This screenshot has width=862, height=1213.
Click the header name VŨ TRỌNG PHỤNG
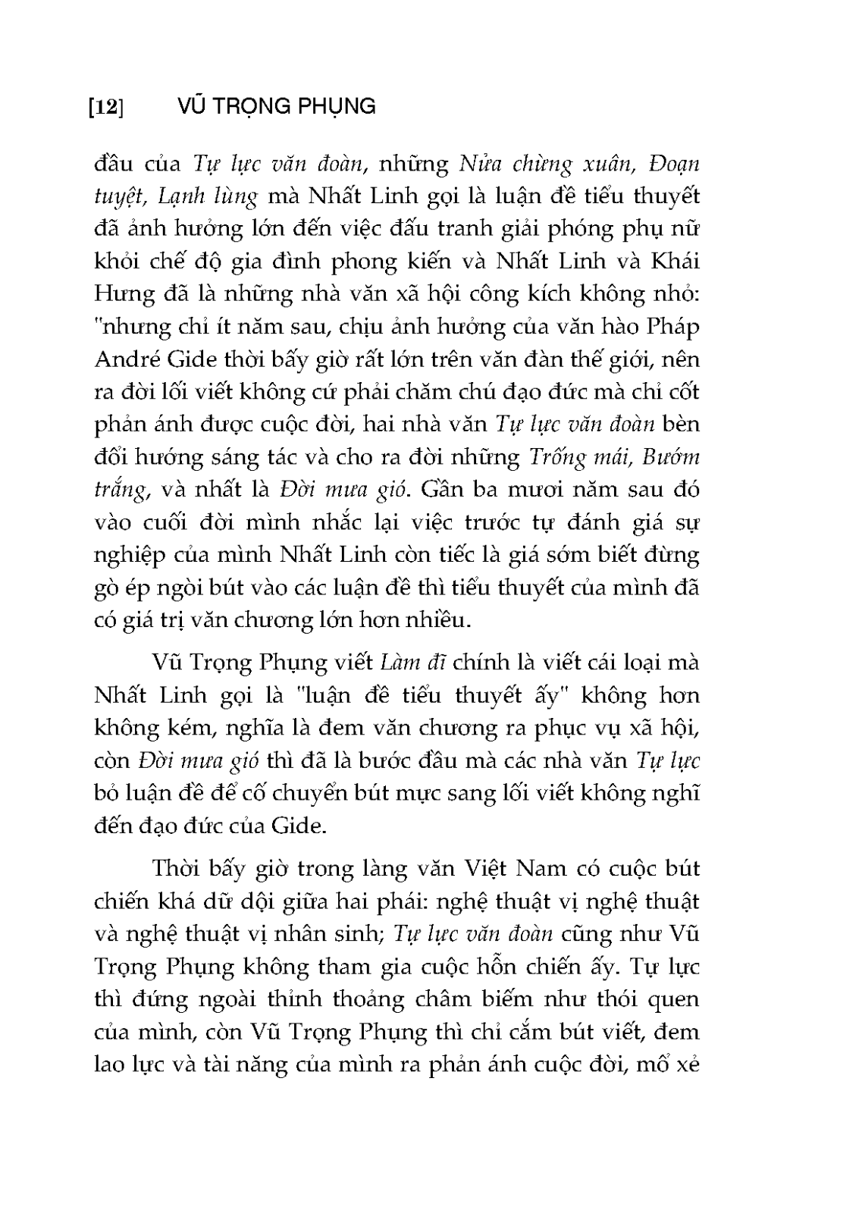275,106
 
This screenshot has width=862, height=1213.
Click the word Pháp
669,328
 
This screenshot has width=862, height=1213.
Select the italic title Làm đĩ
414,662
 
